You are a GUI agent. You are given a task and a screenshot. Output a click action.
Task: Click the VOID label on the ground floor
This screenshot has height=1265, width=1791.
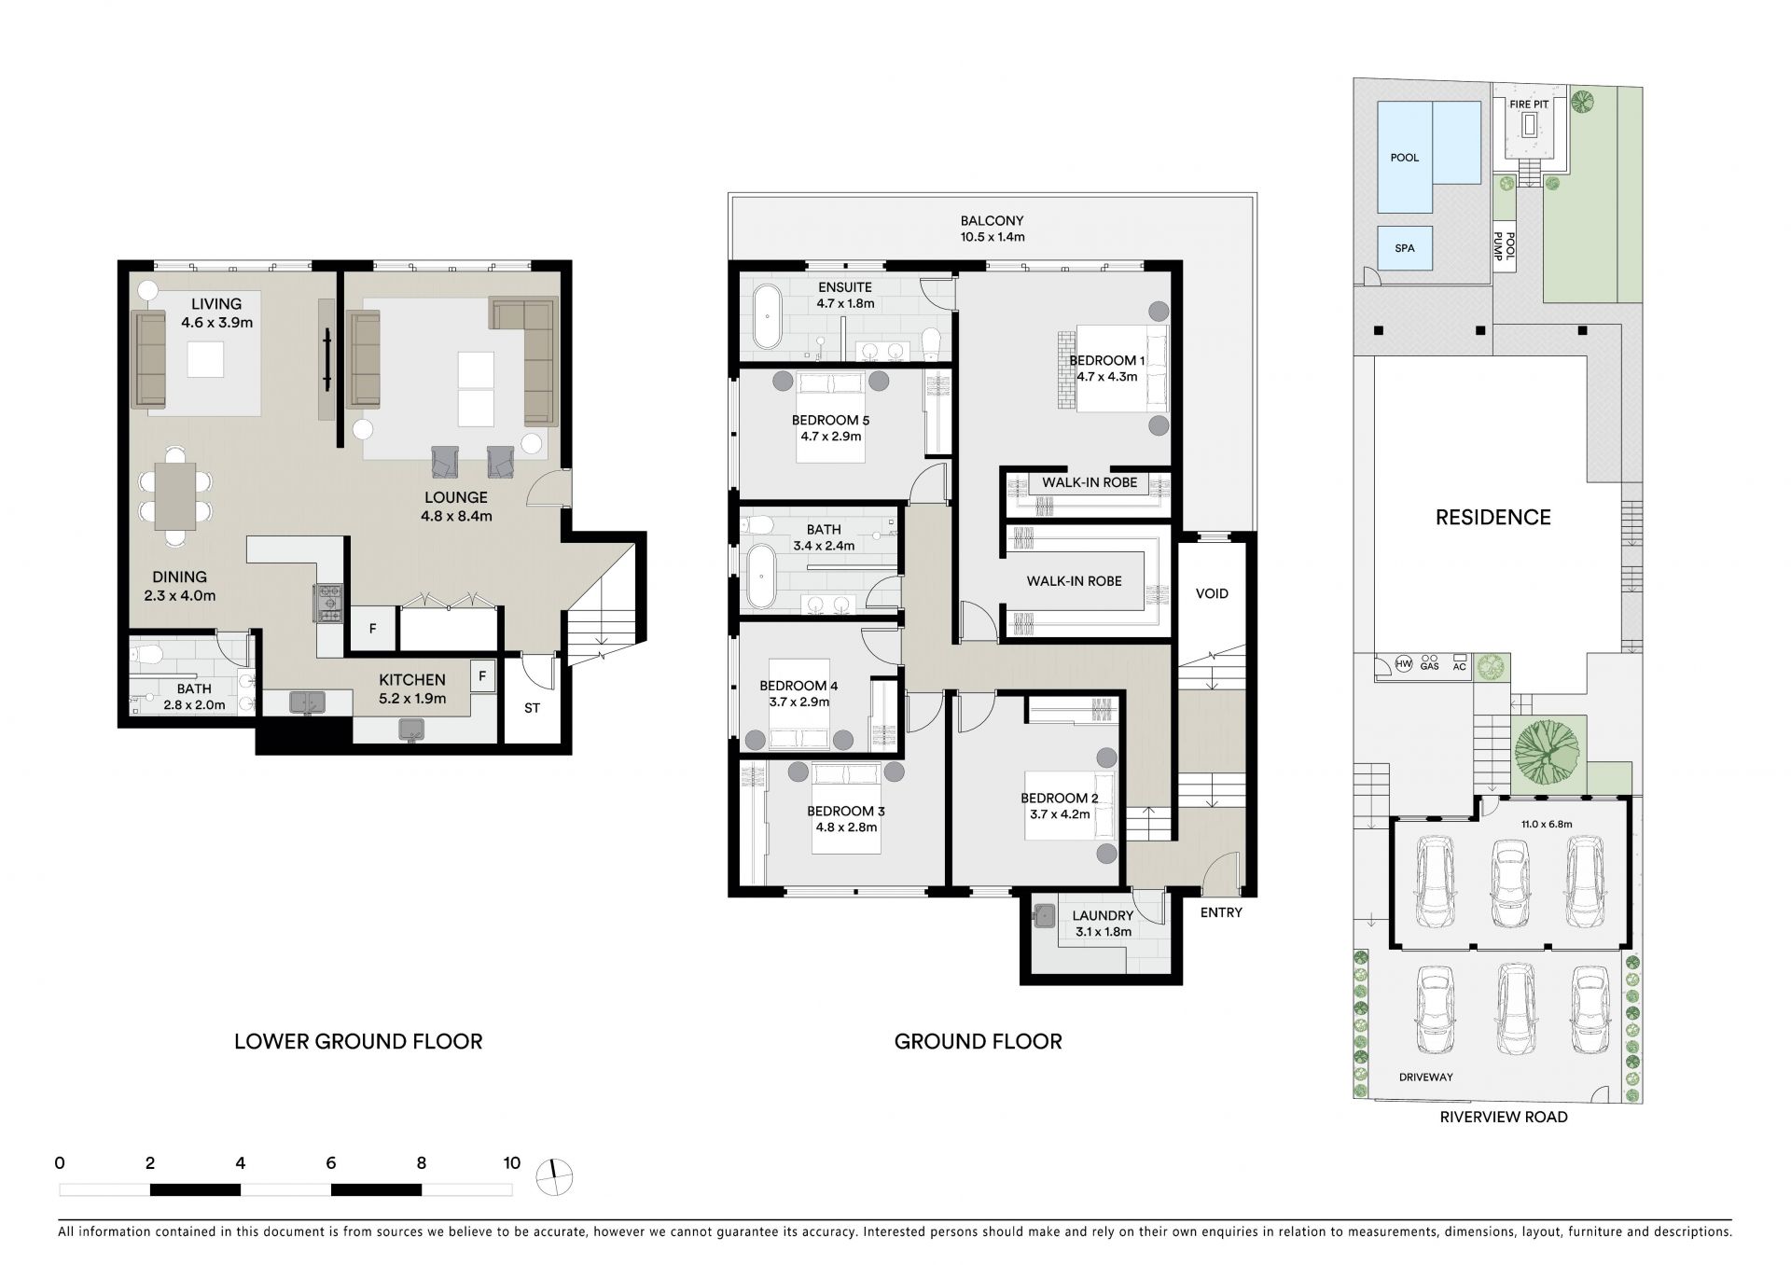tap(1212, 593)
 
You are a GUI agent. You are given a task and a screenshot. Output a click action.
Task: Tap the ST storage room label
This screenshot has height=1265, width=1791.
tap(532, 708)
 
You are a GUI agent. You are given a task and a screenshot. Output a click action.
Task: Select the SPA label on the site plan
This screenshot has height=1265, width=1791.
tap(1404, 248)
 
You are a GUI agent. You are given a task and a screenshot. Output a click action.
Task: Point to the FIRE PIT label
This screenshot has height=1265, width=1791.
tap(1529, 104)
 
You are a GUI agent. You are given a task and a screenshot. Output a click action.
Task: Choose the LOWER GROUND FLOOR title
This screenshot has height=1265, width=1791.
tap(358, 1041)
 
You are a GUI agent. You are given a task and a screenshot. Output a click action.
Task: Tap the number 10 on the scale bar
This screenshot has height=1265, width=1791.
tap(511, 1163)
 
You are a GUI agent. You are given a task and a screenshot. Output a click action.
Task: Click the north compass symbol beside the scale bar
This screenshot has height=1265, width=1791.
tap(554, 1177)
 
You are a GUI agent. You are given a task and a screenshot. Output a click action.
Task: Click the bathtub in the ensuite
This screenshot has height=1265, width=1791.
tap(767, 317)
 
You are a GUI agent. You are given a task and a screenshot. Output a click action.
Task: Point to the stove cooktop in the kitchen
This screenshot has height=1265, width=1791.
tap(329, 603)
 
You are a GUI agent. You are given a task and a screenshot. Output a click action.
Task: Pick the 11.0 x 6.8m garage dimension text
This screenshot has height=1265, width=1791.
tap(1547, 824)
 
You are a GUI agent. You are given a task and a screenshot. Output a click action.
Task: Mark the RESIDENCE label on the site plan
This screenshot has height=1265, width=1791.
tap(1492, 517)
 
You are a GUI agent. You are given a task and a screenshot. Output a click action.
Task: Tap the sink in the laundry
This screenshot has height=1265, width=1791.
tap(1045, 917)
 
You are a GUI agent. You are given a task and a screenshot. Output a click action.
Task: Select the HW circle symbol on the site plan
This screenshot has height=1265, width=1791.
tap(1404, 665)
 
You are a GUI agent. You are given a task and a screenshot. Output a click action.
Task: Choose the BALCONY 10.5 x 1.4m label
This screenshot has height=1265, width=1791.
tap(993, 229)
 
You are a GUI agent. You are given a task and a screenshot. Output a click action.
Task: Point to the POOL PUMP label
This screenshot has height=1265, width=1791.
tap(1505, 247)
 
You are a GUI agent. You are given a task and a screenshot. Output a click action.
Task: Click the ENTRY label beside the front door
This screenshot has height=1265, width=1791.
tap(1221, 912)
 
